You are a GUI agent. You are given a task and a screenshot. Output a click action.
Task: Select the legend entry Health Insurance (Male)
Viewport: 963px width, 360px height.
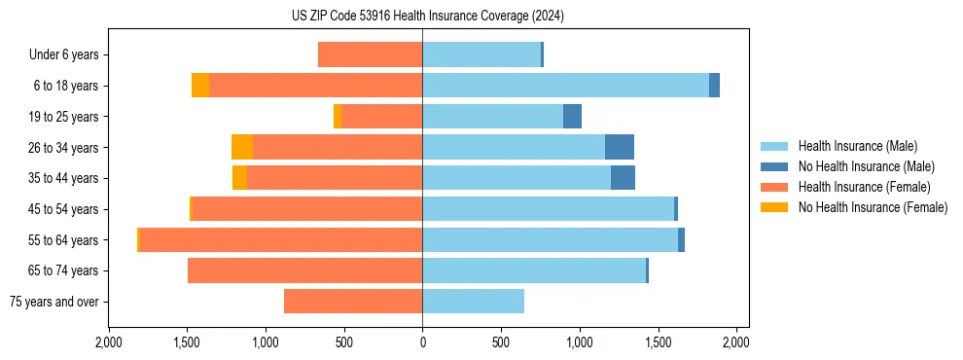(857, 146)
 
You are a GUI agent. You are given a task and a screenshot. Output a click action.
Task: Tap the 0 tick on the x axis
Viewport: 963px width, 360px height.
(422, 343)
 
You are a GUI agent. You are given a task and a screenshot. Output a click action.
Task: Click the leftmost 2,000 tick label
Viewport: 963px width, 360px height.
(109, 343)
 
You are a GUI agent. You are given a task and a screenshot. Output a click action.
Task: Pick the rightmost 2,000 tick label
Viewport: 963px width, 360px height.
(736, 343)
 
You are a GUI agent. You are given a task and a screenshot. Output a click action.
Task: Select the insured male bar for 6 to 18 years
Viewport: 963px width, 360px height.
(565, 86)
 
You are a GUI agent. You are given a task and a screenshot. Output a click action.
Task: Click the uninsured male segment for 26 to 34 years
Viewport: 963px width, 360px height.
(620, 147)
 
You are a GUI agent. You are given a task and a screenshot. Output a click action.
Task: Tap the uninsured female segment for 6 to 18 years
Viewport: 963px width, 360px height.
(200, 86)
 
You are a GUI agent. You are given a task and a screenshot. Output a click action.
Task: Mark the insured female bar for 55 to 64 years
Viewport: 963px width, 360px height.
(281, 239)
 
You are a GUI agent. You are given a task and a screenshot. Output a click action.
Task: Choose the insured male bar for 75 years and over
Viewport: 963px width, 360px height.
(473, 302)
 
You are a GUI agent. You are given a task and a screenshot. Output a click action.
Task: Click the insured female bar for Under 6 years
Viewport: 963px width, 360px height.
(370, 55)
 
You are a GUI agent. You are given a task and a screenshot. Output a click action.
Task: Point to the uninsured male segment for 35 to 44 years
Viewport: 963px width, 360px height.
(623, 178)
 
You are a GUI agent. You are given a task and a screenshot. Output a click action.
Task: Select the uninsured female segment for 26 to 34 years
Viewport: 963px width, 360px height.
(242, 147)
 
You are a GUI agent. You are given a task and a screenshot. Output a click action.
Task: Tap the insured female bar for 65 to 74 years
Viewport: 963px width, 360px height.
(304, 270)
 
